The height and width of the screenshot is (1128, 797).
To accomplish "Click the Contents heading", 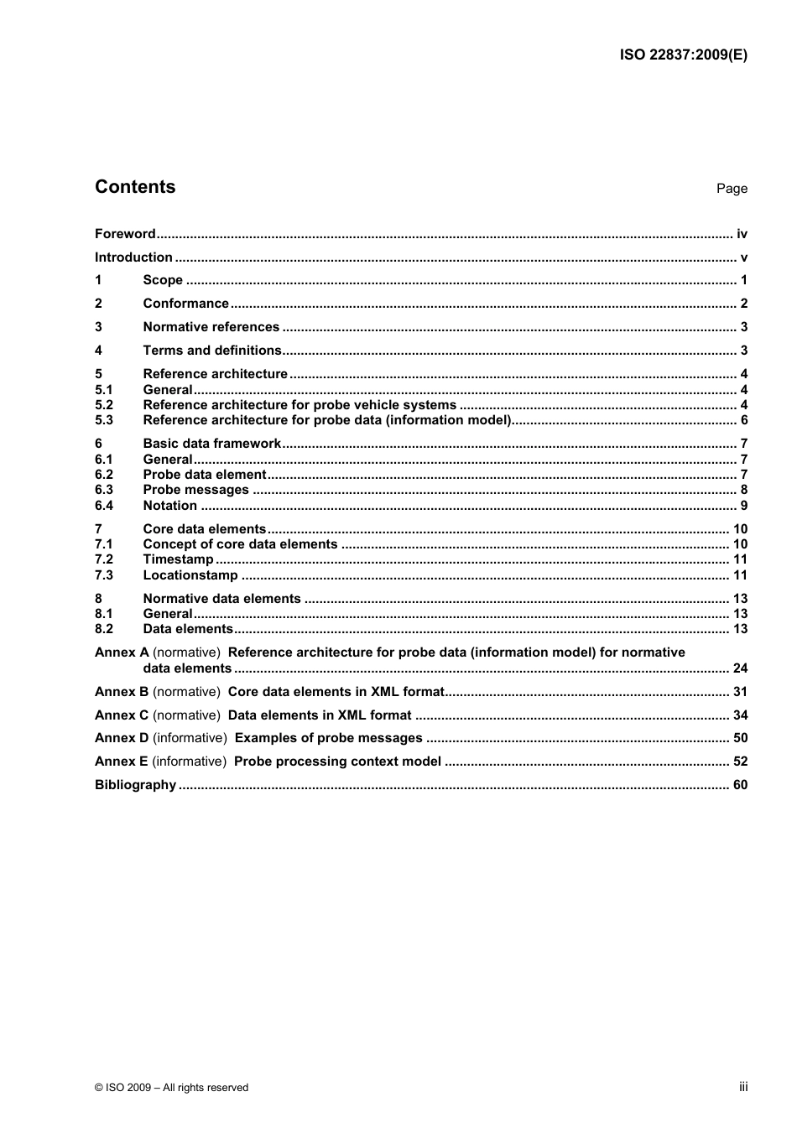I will pyautogui.click(x=135, y=187).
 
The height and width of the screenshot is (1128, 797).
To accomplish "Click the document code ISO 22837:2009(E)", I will pyautogui.click(x=683, y=55).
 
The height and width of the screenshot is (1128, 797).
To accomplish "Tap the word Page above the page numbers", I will pyautogui.click(x=732, y=189).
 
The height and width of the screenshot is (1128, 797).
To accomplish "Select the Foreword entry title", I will pyautogui.click(x=125, y=234).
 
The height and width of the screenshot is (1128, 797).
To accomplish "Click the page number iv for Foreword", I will pyautogui.click(x=742, y=234).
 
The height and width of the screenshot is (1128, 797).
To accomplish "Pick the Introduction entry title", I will pyautogui.click(x=133, y=257).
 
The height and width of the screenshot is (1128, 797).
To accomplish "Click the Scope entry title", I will pyautogui.click(x=163, y=280).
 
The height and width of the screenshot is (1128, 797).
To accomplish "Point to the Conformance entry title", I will pyautogui.click(x=185, y=304).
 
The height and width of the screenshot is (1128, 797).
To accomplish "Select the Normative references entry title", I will pyautogui.click(x=211, y=327).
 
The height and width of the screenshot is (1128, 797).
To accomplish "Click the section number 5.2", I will pyautogui.click(x=104, y=405).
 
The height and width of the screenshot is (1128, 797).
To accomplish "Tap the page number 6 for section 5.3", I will pyautogui.click(x=743, y=420).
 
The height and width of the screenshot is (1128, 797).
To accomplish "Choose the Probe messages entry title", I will pyautogui.click(x=195, y=490).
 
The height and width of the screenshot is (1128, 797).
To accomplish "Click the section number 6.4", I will pyautogui.click(x=104, y=506).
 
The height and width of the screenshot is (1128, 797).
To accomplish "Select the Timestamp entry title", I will pyautogui.click(x=178, y=559).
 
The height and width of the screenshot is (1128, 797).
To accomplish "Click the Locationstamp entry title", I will pyautogui.click(x=190, y=575).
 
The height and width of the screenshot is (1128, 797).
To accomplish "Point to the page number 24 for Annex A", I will pyautogui.click(x=740, y=668).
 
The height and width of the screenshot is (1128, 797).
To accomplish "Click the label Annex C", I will pyautogui.click(x=122, y=715).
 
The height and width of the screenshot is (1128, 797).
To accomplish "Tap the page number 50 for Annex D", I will pyautogui.click(x=740, y=738).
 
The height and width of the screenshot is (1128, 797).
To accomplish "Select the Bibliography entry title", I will pyautogui.click(x=135, y=785).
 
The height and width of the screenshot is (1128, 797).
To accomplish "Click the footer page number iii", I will pyautogui.click(x=743, y=1087).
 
